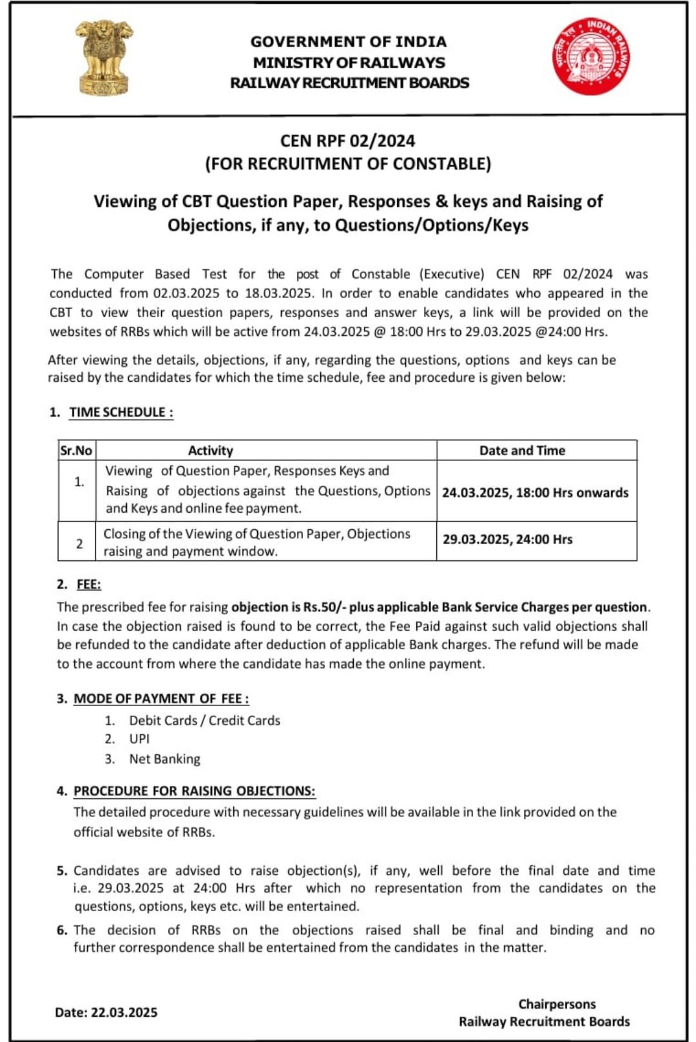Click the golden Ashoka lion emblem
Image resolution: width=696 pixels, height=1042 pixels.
coord(103,57)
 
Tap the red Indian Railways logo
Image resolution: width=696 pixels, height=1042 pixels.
coord(591,56)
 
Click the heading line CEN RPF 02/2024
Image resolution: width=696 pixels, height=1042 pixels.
coord(347,141)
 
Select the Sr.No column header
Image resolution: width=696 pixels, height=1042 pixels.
coord(76,450)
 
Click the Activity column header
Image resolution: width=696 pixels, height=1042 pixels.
coord(210,450)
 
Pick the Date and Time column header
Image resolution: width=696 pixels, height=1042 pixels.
coord(522,450)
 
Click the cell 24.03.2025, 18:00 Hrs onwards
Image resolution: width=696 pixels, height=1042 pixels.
coord(535,492)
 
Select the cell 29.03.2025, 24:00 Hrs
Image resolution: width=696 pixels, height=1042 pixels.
coord(507,539)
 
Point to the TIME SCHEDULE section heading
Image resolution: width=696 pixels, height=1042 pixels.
coord(121,412)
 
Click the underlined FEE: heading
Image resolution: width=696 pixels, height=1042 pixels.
coord(89,584)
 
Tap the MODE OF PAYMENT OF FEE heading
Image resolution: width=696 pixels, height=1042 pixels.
coord(161,698)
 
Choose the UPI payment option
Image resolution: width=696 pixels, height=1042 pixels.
coord(139,739)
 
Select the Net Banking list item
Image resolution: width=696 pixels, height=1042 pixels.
coord(164,759)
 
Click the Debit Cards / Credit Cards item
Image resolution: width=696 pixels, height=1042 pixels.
coord(204,720)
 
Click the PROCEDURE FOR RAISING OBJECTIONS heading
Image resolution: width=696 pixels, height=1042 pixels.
coord(194,791)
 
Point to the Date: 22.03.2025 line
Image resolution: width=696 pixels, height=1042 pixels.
coord(106,1012)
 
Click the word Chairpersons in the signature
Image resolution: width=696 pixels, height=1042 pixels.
coord(557,1004)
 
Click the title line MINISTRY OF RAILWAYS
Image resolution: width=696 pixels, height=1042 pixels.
coord(349,63)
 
